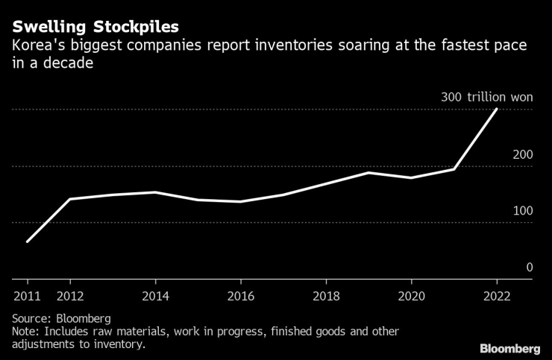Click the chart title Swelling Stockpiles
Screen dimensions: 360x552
coord(95,27)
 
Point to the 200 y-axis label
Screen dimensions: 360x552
coord(522,154)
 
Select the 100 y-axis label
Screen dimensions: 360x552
coord(522,211)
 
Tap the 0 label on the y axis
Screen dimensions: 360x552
coord(529,267)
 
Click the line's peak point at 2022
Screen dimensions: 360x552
coord(496,110)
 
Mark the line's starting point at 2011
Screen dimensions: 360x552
coord(27,241)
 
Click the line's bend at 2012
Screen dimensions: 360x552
coord(69,199)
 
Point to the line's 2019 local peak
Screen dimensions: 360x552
coord(368,173)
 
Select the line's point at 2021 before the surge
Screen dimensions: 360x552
coord(454,169)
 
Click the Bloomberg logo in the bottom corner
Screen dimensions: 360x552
coord(510,348)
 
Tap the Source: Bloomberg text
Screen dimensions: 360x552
coord(61,318)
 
